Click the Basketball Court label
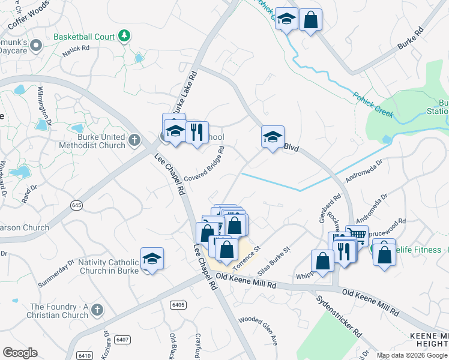(83, 37)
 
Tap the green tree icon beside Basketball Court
(124, 37)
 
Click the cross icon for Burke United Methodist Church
(134, 142)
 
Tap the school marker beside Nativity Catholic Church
(152, 259)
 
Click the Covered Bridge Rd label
(205, 164)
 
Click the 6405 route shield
(178, 305)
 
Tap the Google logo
(20, 353)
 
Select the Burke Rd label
(411, 38)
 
